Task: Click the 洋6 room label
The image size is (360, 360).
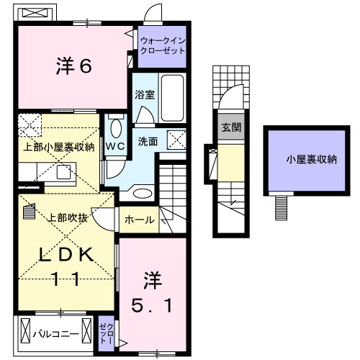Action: point(73,67)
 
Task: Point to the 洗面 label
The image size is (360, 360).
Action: point(148,142)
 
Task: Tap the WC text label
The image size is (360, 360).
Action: point(115,146)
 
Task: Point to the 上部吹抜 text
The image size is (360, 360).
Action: point(68,217)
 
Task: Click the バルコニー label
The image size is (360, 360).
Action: point(54,334)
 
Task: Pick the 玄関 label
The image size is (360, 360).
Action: point(231,128)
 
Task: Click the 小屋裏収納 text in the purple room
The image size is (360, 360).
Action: point(311,160)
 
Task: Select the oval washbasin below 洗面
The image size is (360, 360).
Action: point(142,193)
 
